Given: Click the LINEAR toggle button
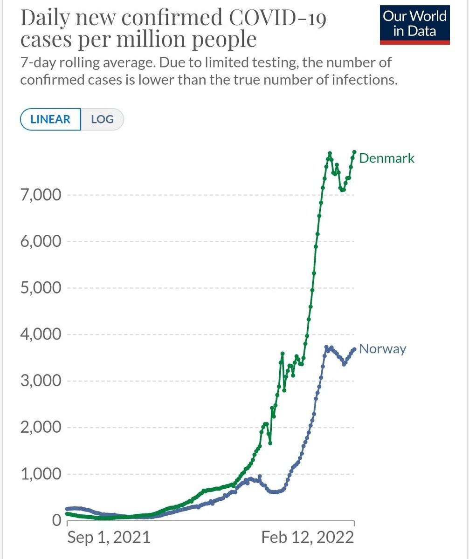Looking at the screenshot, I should point(50,119).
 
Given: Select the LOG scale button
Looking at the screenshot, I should point(102,119).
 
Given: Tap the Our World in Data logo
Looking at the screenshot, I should point(414,24).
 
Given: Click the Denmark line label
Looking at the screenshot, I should point(386,158).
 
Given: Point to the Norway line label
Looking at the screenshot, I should point(383,348).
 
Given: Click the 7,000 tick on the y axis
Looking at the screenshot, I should point(41,195).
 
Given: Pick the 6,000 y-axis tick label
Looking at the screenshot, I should point(41,241).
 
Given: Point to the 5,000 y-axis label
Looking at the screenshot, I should point(41,288).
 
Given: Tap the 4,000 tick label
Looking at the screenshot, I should point(41,334).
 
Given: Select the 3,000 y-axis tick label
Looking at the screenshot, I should point(41,381).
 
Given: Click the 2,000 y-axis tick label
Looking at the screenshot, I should point(41,427).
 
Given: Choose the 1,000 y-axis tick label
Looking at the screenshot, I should point(41,474).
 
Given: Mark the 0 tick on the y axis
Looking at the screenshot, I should point(56,520).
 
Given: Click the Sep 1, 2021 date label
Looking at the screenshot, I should point(109,537).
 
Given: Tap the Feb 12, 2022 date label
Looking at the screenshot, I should point(307,537).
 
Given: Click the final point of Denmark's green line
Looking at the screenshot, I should point(354,152).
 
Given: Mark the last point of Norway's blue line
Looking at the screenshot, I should point(354,349).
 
